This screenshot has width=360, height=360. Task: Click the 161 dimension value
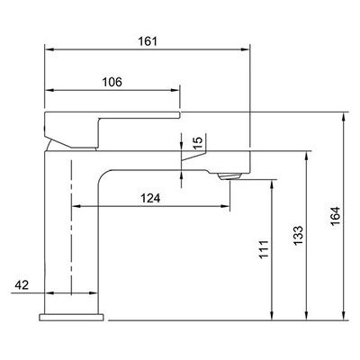click(148, 41)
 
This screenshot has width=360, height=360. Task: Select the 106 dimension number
click(112, 82)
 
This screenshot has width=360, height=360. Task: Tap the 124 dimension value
click(150, 198)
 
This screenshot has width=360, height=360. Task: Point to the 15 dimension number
click(198, 142)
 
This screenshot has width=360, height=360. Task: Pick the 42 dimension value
click(22, 285)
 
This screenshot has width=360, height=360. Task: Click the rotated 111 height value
click(264, 249)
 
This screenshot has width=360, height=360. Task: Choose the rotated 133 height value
click(299, 235)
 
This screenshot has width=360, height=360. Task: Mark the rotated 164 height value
click(336, 216)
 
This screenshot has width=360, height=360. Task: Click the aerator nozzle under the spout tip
click(229, 176)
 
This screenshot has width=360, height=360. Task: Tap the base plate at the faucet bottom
click(71, 317)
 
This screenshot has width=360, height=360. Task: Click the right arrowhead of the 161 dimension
click(246, 49)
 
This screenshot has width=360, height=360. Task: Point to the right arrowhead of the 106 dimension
click(175, 90)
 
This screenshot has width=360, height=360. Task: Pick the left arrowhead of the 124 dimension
click(77, 206)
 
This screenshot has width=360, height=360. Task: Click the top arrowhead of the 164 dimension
click(344, 117)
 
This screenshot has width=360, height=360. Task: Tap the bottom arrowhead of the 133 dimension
click(307, 316)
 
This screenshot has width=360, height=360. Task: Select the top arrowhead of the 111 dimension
click(272, 184)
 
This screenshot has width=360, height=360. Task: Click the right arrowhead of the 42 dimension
click(94, 292)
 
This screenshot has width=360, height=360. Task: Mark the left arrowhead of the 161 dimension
click(49, 49)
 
